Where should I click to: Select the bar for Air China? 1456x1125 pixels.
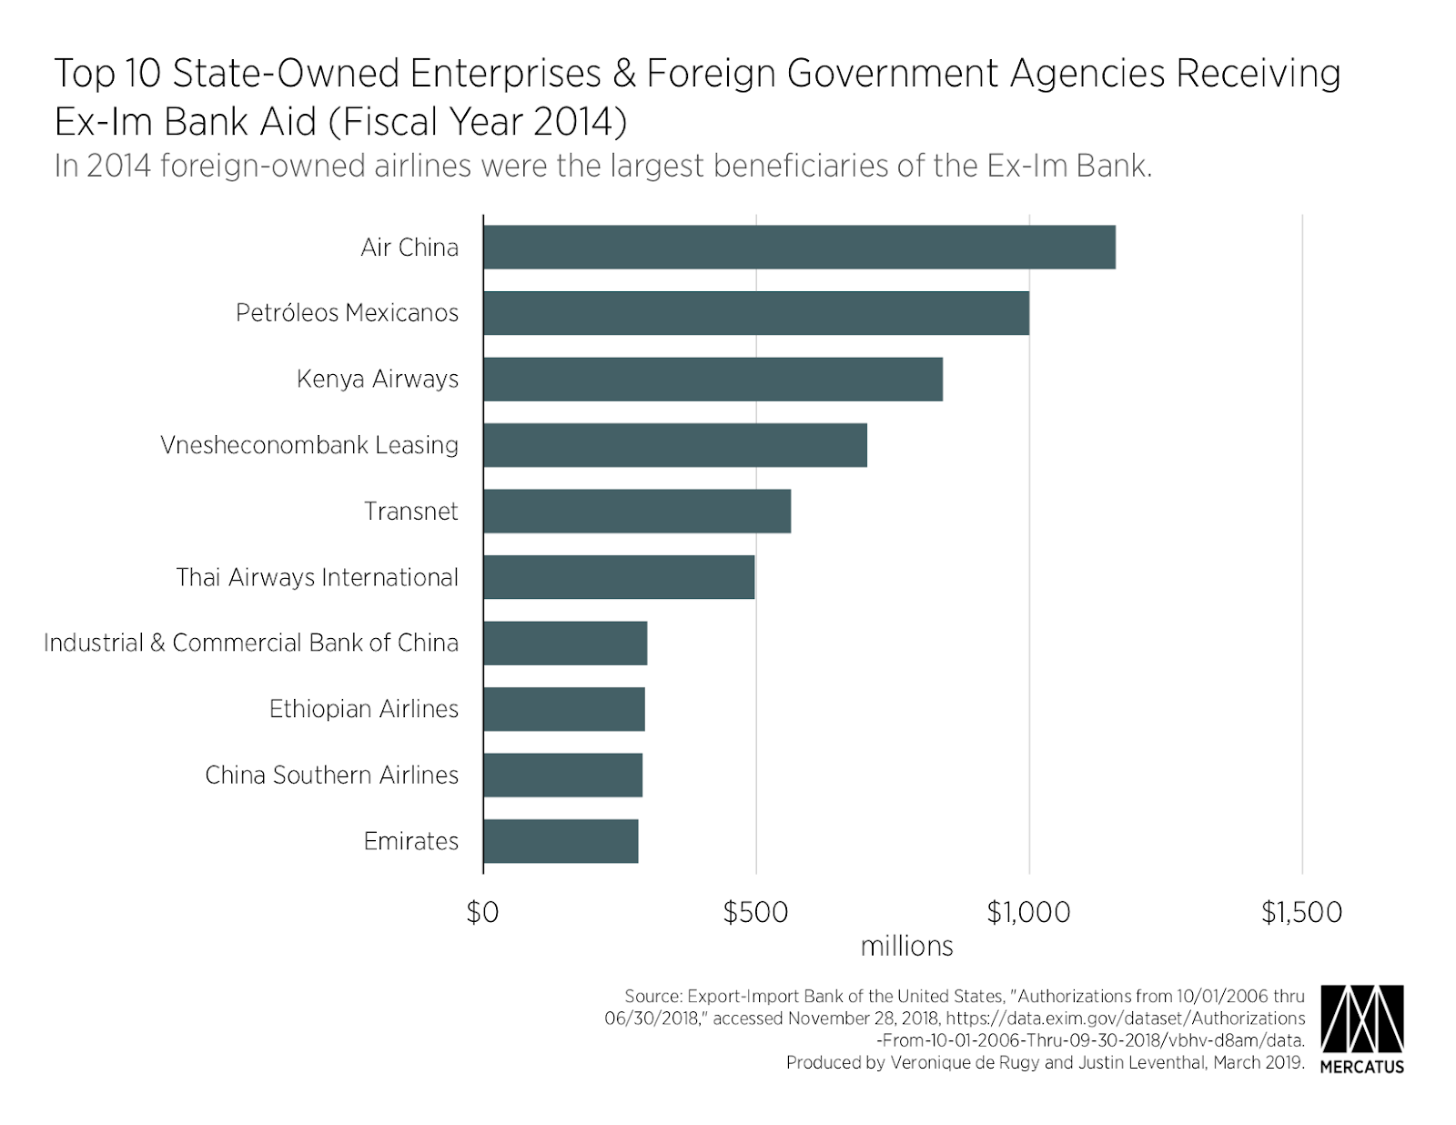799,247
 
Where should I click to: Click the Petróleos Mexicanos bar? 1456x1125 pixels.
756,313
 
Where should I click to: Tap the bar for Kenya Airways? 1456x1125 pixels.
713,379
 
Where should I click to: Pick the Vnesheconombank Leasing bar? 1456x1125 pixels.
674,445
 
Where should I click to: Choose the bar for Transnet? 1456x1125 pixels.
637,511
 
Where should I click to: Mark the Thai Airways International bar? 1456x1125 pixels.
619,577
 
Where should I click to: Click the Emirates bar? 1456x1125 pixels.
561,841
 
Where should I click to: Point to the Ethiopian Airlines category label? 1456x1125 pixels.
364,709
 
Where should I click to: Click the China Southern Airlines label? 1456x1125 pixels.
331,775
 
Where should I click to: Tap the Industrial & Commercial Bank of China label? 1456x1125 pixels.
251,643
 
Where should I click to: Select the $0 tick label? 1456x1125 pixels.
482,912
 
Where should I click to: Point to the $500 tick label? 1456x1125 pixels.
755,912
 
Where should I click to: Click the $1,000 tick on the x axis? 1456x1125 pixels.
1028,912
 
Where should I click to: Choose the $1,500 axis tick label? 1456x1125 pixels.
1301,912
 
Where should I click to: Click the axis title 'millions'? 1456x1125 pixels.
906,947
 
